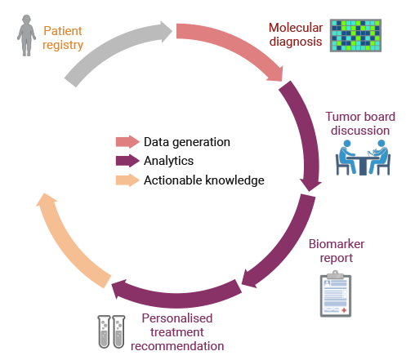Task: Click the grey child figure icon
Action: pos(26,35)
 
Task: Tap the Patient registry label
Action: pos(63,38)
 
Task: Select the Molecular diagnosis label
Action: pos(296,34)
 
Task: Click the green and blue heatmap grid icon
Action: pos(355,35)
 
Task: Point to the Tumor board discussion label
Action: pos(360,123)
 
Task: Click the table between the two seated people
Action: pos(363,165)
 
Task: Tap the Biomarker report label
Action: pos(337,251)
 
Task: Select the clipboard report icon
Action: pos(336,294)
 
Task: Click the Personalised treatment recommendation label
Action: pos(177,332)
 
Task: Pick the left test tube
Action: pos(104,331)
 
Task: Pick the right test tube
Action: pos(118,331)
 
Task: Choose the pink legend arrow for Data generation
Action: pos(127,142)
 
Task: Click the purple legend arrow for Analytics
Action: pos(127,161)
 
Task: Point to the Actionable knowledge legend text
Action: pos(204,180)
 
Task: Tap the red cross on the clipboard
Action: pos(344,310)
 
